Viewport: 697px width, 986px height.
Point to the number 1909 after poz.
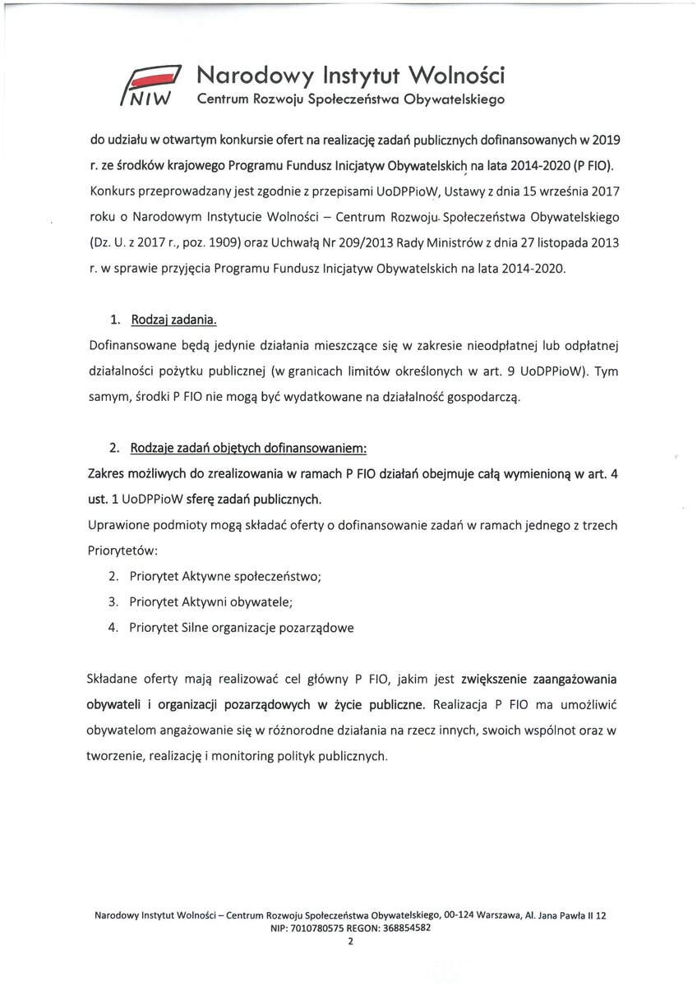222,245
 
